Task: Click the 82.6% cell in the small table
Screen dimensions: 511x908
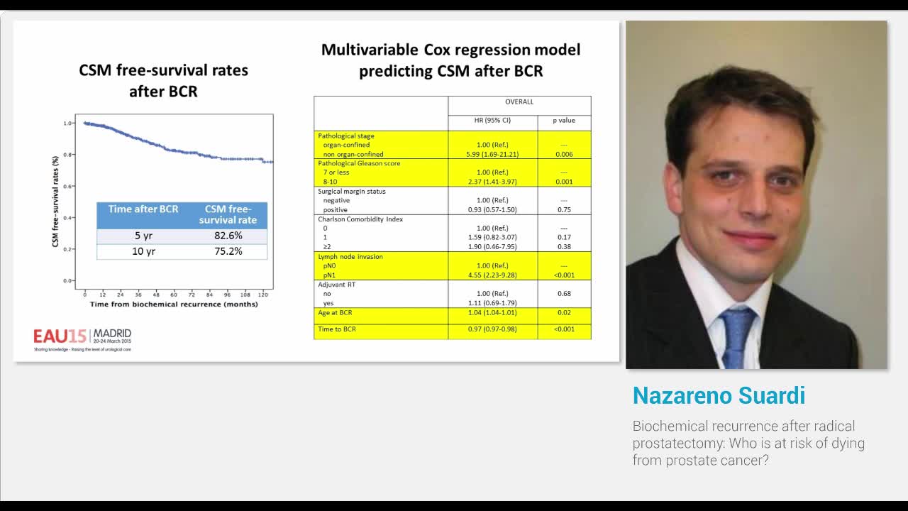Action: [228, 236]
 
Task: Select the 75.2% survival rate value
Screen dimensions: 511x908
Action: [228, 251]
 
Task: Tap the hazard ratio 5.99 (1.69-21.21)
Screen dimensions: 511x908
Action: [492, 154]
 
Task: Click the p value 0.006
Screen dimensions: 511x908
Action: [564, 154]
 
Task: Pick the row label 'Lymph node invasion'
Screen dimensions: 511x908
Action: [350, 256]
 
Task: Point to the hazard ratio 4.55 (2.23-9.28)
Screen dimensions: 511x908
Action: [492, 275]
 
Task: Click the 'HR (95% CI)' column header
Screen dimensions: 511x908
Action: [492, 120]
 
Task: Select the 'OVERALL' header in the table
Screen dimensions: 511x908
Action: [519, 101]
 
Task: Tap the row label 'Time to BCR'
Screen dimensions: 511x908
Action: [337, 329]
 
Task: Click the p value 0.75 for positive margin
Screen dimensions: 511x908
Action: [564, 209]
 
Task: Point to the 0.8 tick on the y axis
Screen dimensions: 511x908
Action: [67, 155]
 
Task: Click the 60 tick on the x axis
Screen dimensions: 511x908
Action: [174, 294]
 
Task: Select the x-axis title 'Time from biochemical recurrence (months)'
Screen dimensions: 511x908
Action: [174, 304]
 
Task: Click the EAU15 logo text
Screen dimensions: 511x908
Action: [60, 335]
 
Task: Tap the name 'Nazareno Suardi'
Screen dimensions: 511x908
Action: [719, 395]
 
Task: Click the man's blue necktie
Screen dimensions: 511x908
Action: [738, 337]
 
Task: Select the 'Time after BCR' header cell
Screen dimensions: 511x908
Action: [143, 209]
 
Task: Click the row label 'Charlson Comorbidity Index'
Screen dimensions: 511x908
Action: [360, 219]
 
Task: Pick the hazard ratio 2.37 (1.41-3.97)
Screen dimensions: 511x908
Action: [492, 182]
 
